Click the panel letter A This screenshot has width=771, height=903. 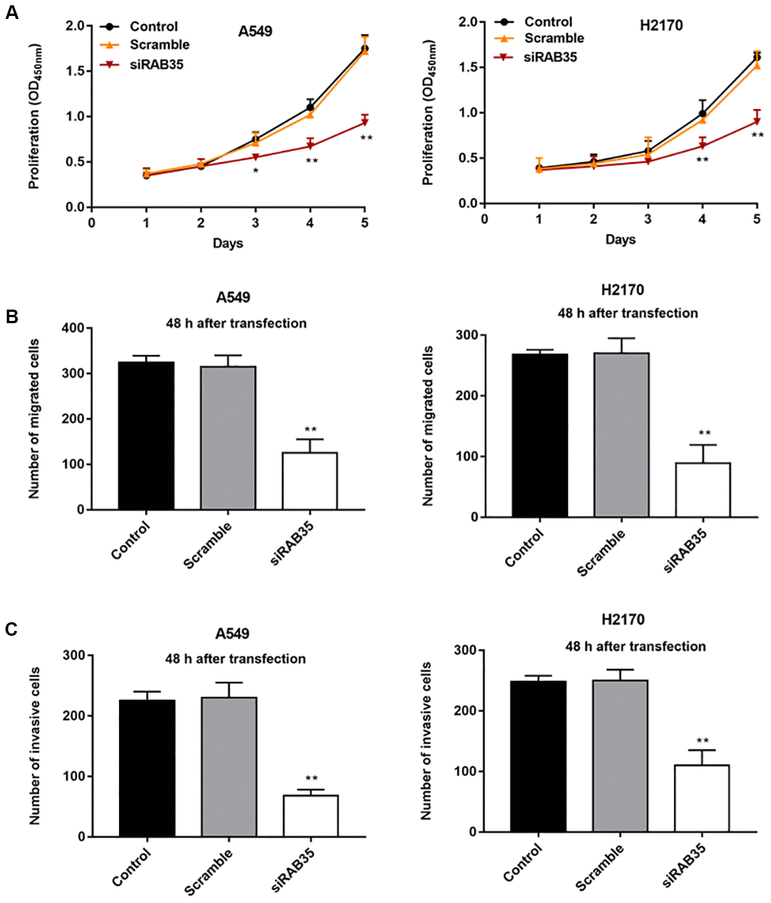tap(11, 13)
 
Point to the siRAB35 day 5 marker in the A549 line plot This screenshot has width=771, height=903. tap(365, 123)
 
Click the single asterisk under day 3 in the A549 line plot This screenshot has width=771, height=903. tap(255, 171)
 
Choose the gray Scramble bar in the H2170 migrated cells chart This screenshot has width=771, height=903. tap(622, 434)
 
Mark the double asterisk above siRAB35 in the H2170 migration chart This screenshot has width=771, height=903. tap(702, 434)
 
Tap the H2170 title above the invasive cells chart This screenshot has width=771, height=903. tap(624, 620)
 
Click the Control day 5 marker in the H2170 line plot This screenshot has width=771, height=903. tap(757, 57)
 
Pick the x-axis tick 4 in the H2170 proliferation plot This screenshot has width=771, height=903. tap(702, 219)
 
